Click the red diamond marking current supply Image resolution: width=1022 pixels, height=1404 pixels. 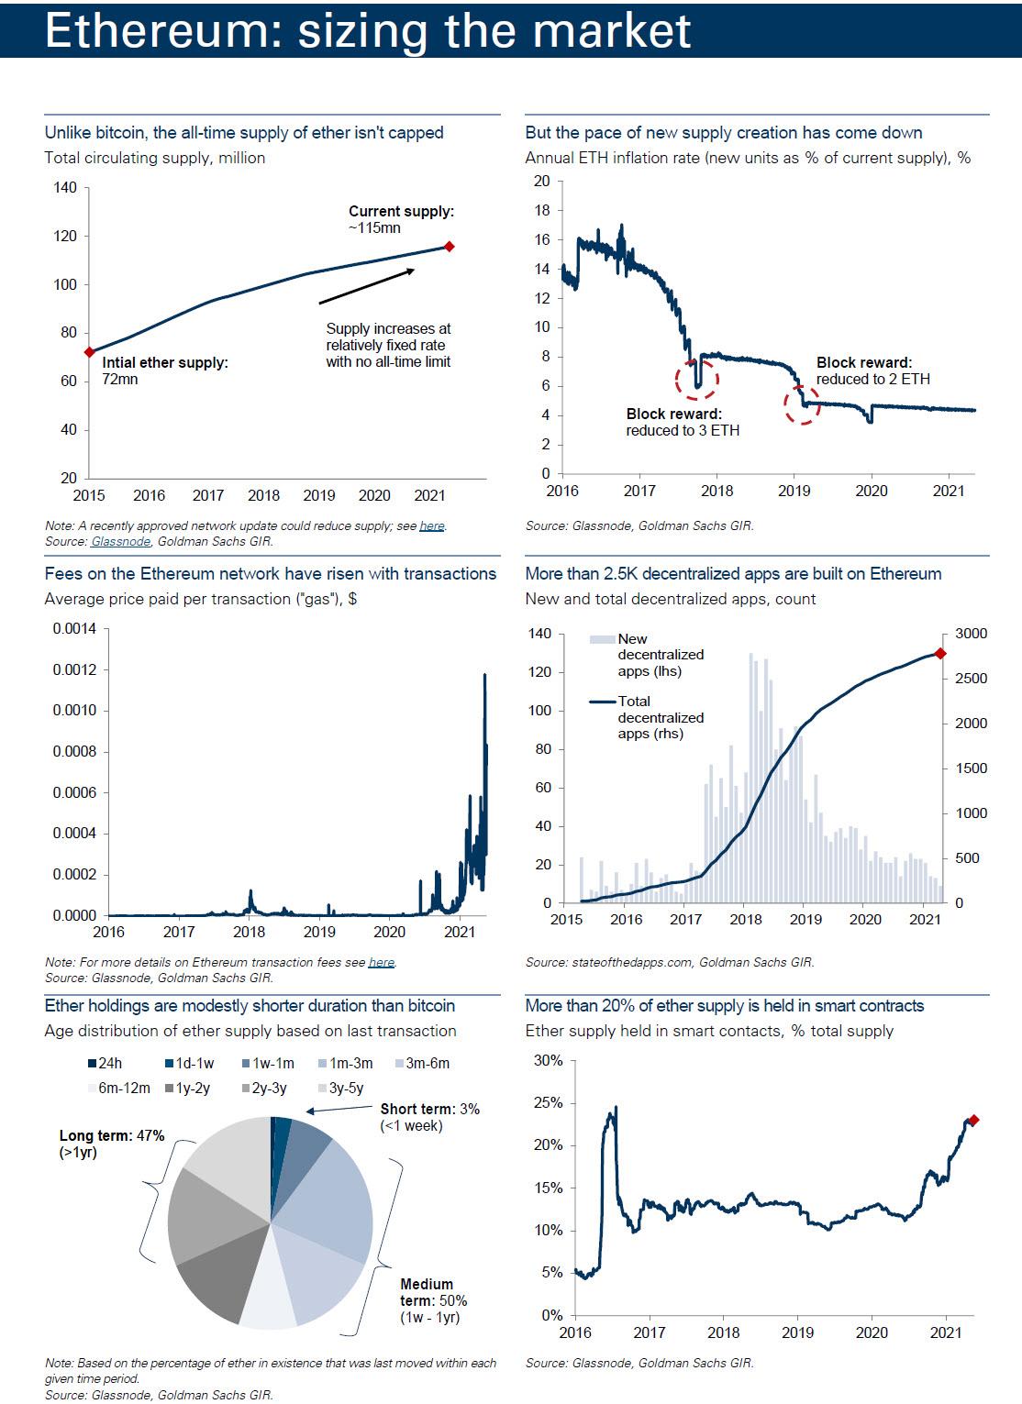(449, 246)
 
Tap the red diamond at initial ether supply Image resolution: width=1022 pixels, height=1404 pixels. (89, 352)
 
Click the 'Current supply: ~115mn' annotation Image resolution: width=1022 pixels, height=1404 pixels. (401, 219)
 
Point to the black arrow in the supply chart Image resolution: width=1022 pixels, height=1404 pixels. (367, 286)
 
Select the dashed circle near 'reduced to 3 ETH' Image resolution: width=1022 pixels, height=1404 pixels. (696, 379)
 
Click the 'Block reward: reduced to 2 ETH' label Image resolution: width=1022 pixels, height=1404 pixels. (872, 370)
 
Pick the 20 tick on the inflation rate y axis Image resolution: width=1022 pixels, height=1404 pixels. (541, 182)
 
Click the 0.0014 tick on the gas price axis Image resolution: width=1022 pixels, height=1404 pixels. (74, 629)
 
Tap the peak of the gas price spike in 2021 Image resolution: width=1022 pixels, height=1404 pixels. (484, 675)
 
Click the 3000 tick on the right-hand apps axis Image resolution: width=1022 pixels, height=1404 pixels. (971, 634)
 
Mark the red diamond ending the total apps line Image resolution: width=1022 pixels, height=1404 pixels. (940, 653)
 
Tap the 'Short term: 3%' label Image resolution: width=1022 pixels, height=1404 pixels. (429, 1117)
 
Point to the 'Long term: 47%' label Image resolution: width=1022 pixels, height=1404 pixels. (111, 1144)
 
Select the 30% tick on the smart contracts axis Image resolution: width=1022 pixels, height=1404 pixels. (548, 1061)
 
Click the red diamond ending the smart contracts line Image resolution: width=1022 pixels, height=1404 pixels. (973, 1120)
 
